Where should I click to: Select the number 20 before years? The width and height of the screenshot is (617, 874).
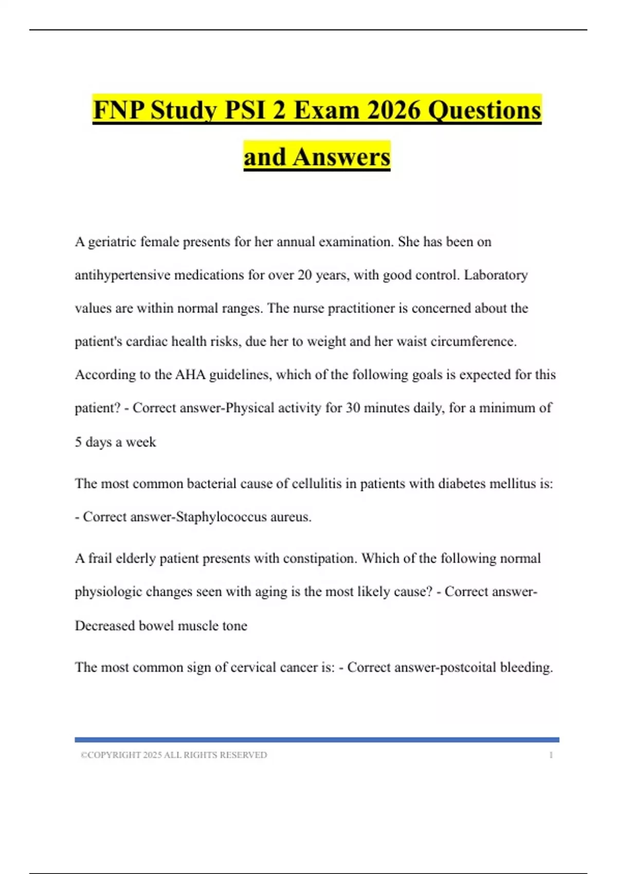pos(304,275)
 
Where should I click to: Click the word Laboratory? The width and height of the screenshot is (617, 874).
pos(496,275)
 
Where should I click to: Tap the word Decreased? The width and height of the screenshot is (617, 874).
pos(105,626)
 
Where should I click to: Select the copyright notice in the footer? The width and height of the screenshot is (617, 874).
pos(174,755)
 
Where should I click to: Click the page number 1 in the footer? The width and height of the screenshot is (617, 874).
pos(551,755)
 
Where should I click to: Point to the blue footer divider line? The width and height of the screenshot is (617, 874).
pos(317,740)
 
